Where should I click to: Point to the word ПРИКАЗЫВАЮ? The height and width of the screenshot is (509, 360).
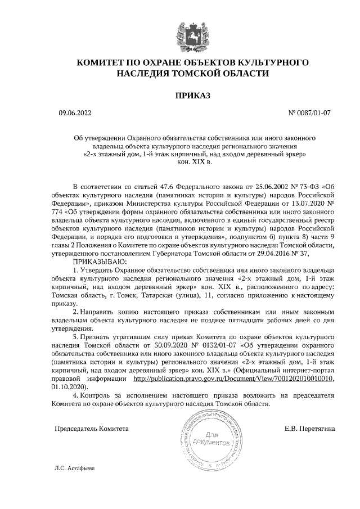100,262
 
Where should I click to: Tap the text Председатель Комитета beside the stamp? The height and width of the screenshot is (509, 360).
91,429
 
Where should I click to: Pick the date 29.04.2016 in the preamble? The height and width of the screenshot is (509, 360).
281,254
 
